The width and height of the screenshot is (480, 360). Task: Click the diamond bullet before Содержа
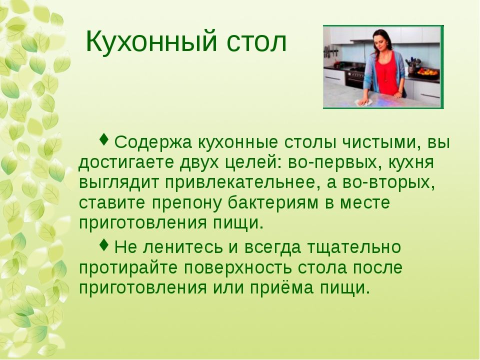pyautogui.click(x=104, y=139)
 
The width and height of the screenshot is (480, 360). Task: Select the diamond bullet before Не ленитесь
pyautogui.click(x=104, y=244)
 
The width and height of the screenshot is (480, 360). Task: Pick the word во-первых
pyautogui.click(x=335, y=162)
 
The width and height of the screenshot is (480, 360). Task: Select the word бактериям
pyautogui.click(x=273, y=203)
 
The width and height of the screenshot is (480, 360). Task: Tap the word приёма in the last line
pyautogui.click(x=281, y=288)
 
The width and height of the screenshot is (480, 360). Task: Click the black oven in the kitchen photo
pyautogui.click(x=355, y=77)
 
